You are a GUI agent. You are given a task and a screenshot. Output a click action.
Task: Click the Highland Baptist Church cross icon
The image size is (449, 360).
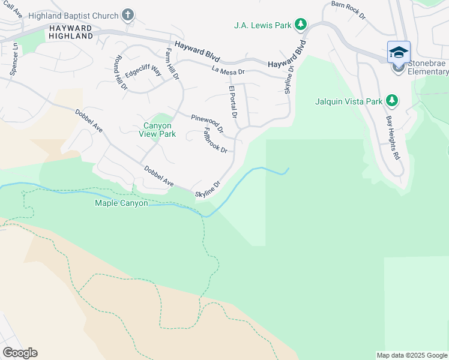[128, 14]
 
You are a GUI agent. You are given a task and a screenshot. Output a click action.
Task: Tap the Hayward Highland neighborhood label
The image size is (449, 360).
[71, 32]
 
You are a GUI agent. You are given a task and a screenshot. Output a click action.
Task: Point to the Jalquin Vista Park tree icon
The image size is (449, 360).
[392, 101]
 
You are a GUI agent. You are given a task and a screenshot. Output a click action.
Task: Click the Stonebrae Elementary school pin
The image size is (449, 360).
[399, 53]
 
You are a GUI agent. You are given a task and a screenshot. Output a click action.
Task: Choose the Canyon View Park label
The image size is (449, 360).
[159, 130]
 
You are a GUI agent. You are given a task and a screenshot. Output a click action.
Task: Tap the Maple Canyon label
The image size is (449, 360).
[121, 203]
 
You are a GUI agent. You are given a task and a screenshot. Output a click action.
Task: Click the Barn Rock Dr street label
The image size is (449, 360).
[348, 11]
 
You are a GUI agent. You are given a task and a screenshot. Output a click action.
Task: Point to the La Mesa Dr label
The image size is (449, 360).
[229, 71]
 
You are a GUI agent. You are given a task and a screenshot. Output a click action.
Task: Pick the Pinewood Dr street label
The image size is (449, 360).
[207, 123]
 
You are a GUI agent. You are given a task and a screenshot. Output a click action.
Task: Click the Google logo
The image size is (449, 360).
[20, 352]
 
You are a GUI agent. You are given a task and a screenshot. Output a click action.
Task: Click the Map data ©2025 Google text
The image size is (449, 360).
[411, 355]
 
